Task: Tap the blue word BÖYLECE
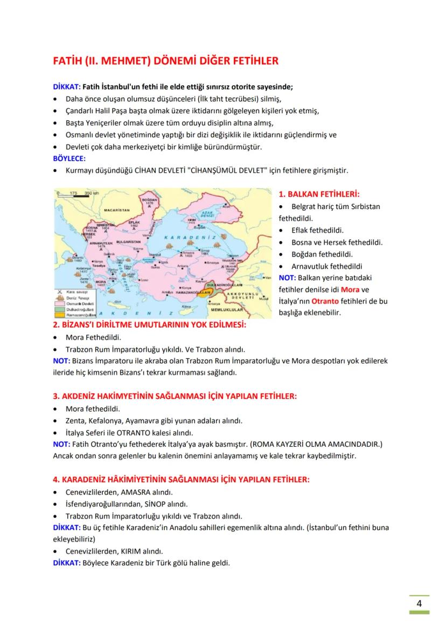[x=69, y=159]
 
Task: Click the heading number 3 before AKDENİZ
[x=56, y=396]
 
